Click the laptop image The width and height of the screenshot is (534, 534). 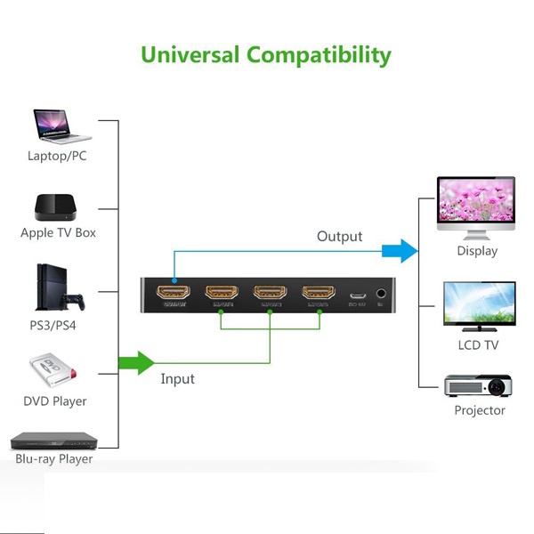click(x=61, y=126)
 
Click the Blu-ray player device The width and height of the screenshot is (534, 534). click(x=53, y=441)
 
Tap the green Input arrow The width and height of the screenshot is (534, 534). click(x=135, y=362)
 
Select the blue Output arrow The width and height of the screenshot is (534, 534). click(x=400, y=251)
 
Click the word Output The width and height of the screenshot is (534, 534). click(x=340, y=236)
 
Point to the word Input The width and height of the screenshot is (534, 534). click(x=178, y=379)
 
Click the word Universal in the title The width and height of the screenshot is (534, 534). click(x=190, y=54)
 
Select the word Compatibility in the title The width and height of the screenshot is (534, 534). click(x=318, y=55)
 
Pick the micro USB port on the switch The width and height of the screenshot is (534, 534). click(x=357, y=295)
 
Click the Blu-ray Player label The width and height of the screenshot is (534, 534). click(x=54, y=459)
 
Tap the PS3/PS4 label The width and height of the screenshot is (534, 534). click(x=53, y=325)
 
